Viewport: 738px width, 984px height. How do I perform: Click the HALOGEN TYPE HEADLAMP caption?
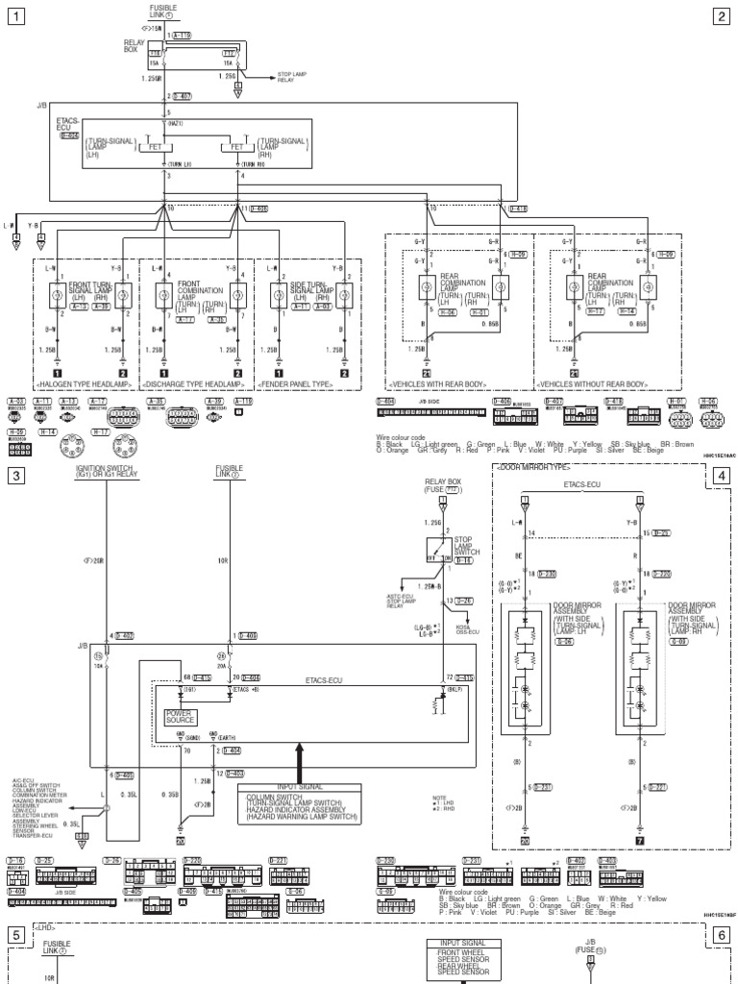(x=86, y=385)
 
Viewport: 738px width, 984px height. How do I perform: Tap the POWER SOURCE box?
(x=180, y=717)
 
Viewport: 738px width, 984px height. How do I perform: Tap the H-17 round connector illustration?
(x=123, y=447)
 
